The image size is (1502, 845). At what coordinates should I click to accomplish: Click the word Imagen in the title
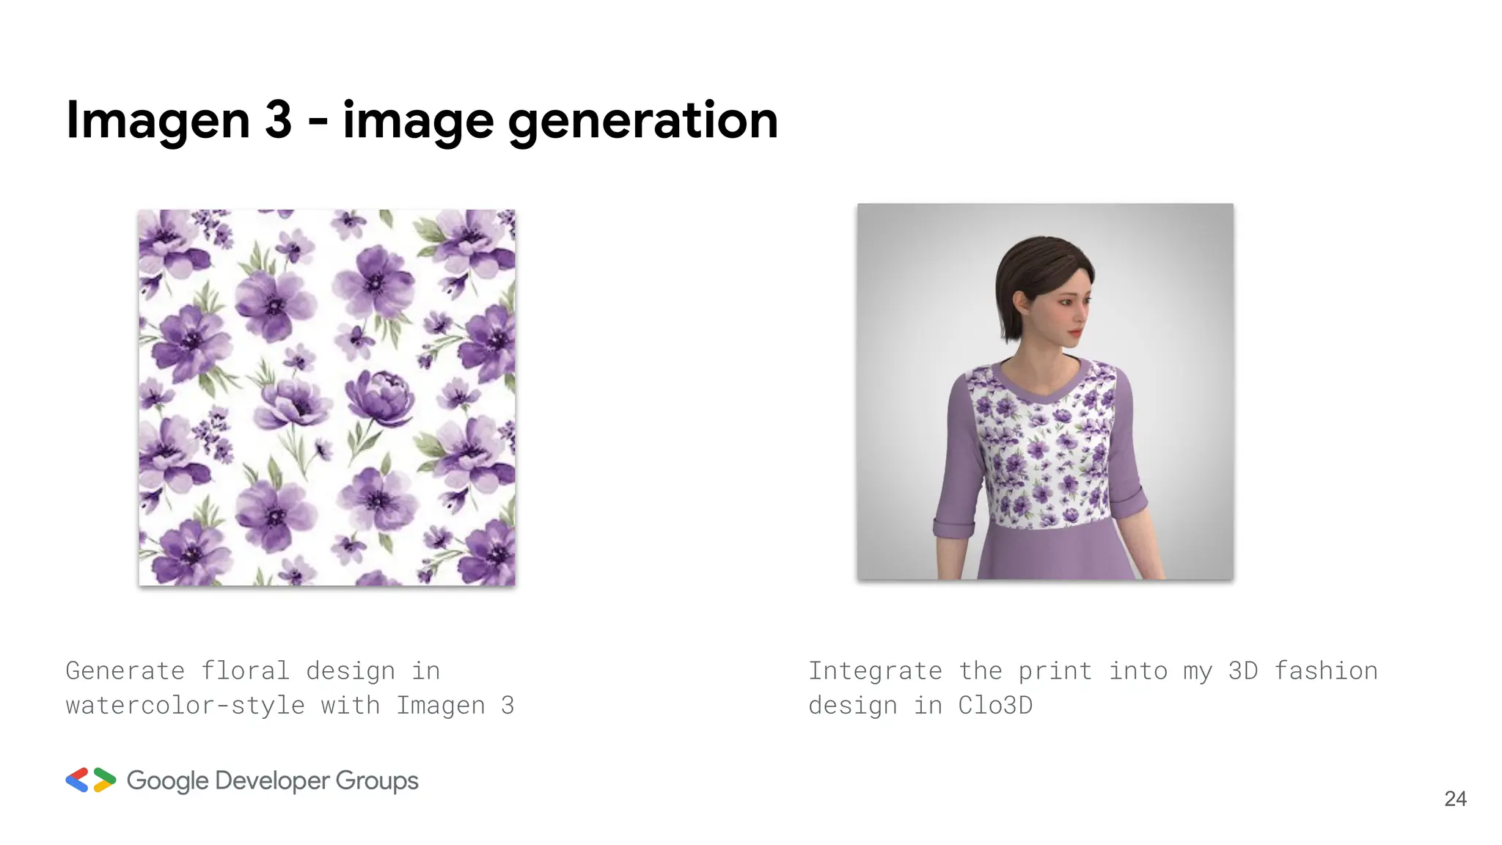(x=158, y=120)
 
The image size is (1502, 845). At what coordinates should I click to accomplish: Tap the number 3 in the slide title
(x=278, y=119)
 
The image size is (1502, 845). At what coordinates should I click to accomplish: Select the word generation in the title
(x=642, y=120)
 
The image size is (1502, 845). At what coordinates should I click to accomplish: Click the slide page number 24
(x=1455, y=799)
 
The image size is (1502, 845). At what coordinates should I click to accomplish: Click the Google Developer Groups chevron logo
(x=91, y=780)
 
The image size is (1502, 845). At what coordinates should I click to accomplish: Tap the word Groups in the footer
(x=377, y=780)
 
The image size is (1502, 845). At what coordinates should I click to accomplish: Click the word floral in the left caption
(x=245, y=670)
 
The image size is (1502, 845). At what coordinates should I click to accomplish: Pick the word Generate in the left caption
(x=125, y=670)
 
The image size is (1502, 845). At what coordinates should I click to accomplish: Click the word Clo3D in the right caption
(x=994, y=705)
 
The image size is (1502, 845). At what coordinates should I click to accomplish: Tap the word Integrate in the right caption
(x=875, y=670)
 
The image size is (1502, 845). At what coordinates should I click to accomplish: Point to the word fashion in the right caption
(x=1325, y=670)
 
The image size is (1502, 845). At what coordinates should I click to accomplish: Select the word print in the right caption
(x=1055, y=670)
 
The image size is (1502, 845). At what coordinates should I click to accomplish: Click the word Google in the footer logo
(x=167, y=780)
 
